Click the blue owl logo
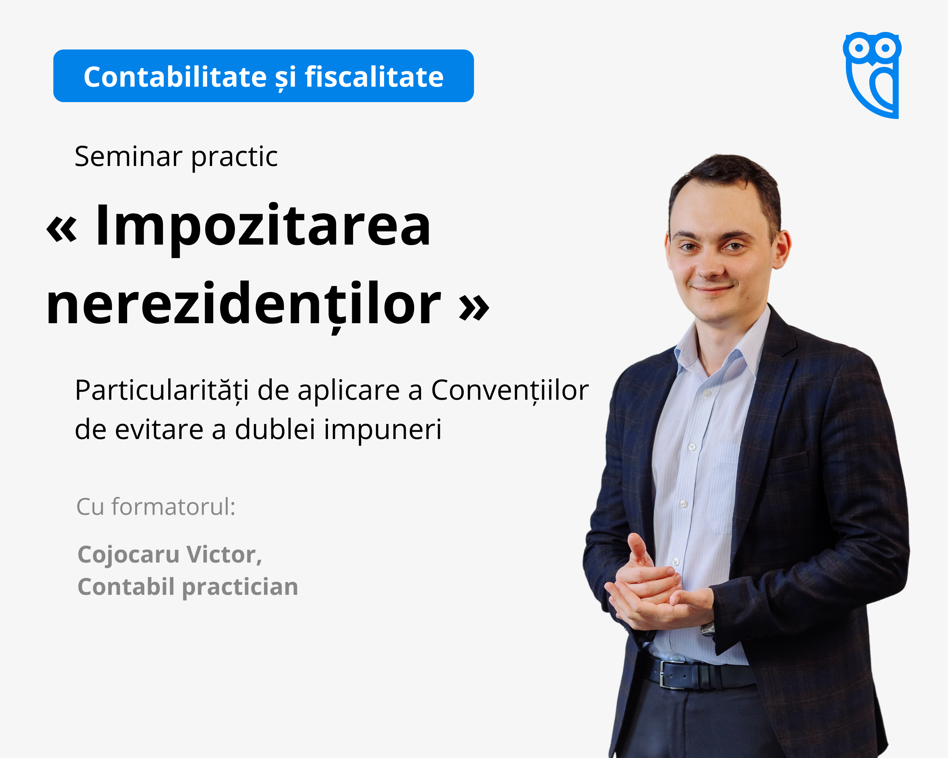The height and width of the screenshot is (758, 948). (x=872, y=75)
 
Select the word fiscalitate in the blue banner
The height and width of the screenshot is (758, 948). (x=374, y=77)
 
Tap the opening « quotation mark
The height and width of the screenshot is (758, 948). (x=62, y=230)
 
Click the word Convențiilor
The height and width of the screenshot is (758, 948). (x=509, y=391)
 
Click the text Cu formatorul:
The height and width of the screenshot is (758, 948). (x=156, y=507)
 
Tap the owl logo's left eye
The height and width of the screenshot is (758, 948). (x=859, y=47)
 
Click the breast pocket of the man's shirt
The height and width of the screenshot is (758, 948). (x=725, y=488)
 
